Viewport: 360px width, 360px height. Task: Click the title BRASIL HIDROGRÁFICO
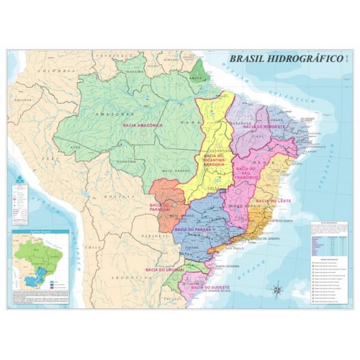[x=284, y=61]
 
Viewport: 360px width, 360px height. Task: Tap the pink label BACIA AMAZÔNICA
[x=142, y=125]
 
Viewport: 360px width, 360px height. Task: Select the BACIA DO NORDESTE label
[x=264, y=126]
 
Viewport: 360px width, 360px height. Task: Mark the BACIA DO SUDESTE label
[x=210, y=286]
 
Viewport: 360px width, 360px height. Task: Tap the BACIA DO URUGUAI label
[x=165, y=269]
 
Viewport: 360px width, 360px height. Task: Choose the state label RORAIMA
[x=135, y=72]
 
